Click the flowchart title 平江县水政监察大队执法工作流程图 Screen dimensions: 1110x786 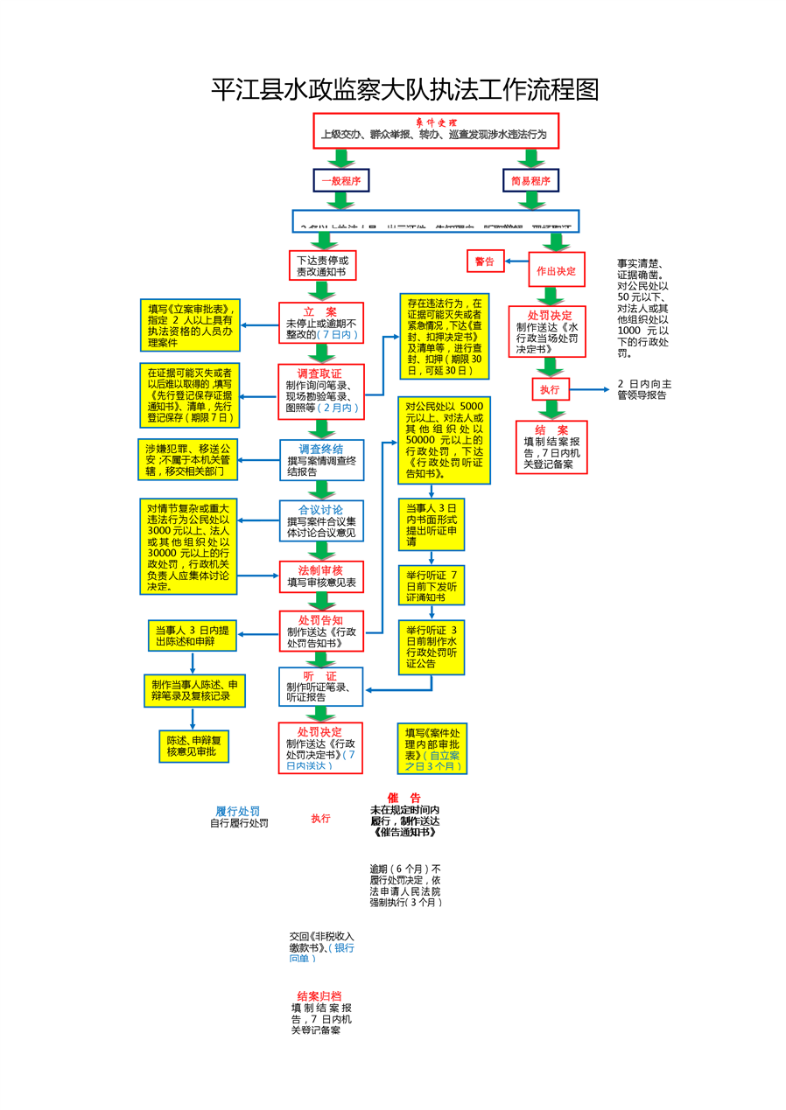(x=404, y=90)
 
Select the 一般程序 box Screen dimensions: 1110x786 (x=340, y=181)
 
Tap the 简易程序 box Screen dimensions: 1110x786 (x=530, y=181)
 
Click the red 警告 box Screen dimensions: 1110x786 (x=484, y=262)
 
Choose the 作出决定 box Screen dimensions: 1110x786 (x=556, y=270)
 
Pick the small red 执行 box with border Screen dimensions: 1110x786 (x=549, y=389)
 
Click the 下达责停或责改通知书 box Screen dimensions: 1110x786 (x=322, y=266)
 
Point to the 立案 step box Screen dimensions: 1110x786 (x=320, y=323)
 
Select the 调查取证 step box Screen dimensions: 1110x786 (x=320, y=390)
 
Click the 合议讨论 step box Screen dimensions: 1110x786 (x=320, y=520)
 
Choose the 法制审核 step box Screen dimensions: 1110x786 (x=320, y=576)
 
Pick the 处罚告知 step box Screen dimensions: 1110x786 (x=320, y=632)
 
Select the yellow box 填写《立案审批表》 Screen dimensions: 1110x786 (x=190, y=325)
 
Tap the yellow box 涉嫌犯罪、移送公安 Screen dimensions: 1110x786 (x=188, y=459)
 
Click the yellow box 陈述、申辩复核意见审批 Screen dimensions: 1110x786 (x=193, y=746)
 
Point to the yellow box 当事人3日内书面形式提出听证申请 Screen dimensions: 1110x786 (x=432, y=524)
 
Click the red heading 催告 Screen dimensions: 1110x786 (x=404, y=798)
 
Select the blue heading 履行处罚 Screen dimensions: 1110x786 (x=238, y=811)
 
